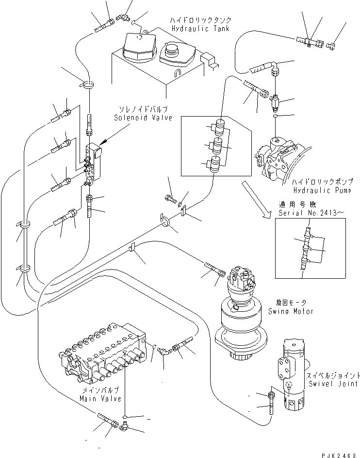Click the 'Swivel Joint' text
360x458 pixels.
point(330,384)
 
